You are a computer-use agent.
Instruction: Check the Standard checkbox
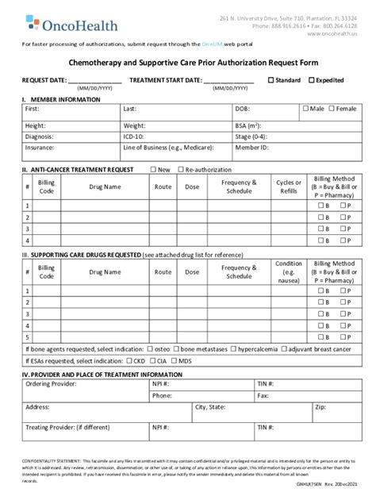coord(271,80)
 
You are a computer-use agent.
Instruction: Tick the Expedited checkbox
coord(312,80)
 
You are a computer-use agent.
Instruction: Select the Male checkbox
coord(306,108)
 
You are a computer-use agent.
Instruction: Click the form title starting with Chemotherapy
coord(187,60)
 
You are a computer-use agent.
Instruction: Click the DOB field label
coord(242,109)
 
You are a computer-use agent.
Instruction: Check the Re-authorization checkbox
coord(180,170)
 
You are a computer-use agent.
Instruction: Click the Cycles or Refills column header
coord(288,187)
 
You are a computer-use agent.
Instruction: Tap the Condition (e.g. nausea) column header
coord(288,271)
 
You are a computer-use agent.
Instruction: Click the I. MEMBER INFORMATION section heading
coord(61,100)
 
